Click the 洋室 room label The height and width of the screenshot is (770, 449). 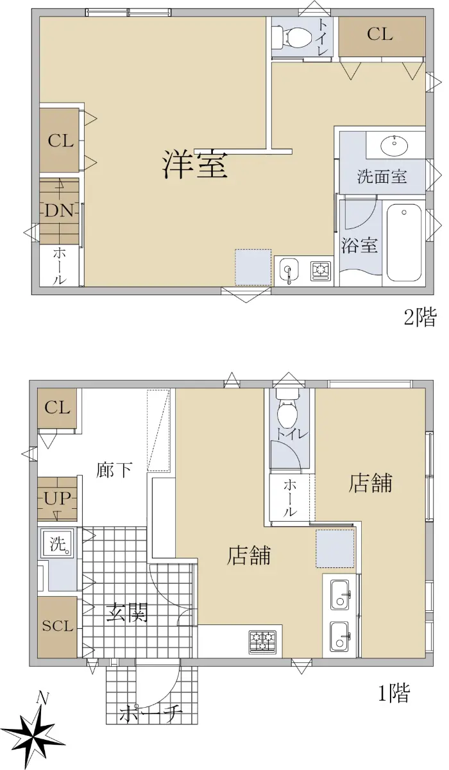[x=195, y=165]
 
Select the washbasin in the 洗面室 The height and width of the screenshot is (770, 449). [x=394, y=145]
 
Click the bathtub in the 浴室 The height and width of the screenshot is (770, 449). [x=404, y=243]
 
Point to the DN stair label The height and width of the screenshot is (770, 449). [x=60, y=210]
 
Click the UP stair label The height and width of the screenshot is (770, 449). [x=57, y=499]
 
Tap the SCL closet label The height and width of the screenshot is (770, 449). [x=58, y=626]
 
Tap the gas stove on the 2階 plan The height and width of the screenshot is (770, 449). [x=321, y=270]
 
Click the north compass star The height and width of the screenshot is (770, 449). [x=34, y=735]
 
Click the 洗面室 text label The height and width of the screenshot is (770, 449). [x=382, y=176]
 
